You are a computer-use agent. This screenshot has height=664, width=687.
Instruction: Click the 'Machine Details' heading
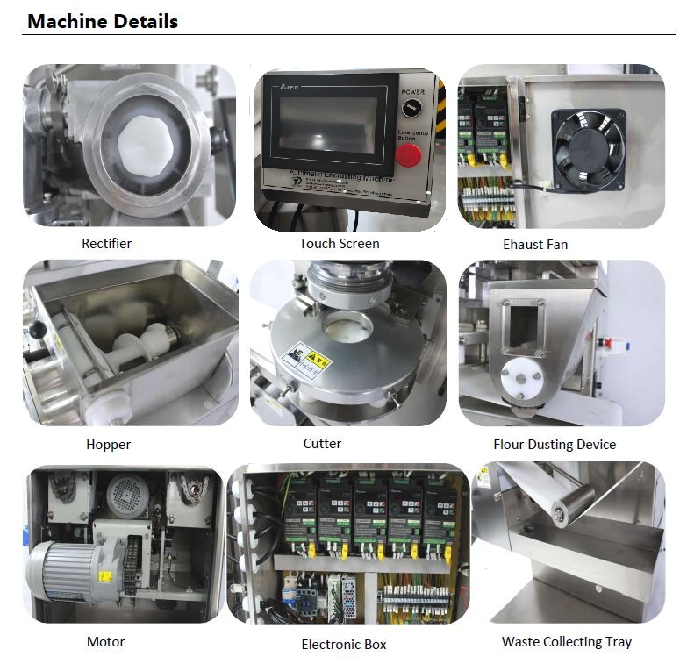[x=103, y=21]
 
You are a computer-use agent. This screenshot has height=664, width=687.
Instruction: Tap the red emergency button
[x=408, y=155]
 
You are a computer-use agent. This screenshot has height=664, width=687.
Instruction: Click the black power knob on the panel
[x=409, y=108]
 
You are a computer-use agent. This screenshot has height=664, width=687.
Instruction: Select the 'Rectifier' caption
[x=107, y=244]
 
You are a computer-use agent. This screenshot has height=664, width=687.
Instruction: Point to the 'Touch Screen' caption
[x=339, y=244]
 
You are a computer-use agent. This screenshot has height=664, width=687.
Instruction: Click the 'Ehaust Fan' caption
[x=535, y=245]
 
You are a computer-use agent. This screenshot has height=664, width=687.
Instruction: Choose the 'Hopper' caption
[x=108, y=445]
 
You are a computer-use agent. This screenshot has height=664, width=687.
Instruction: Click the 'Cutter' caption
[x=322, y=444]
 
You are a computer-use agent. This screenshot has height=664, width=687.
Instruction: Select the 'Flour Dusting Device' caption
[x=555, y=445]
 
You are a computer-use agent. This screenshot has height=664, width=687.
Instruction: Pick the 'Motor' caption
[x=105, y=642]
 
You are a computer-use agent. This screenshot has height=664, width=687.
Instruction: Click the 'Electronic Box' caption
[x=343, y=645]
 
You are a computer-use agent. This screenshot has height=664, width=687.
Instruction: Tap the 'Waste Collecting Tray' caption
[x=566, y=642]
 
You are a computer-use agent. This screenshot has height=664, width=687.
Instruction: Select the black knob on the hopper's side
[x=36, y=329]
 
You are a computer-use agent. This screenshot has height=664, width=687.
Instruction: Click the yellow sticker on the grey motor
[x=104, y=576]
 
